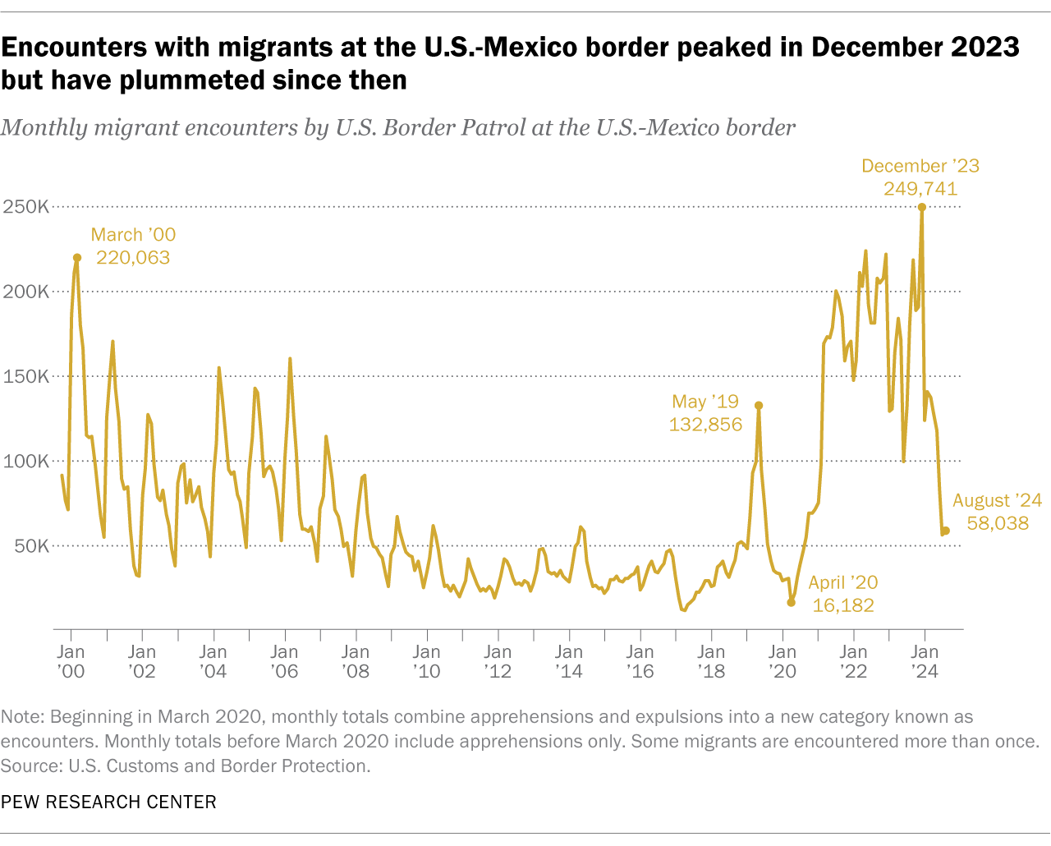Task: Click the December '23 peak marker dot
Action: point(922,207)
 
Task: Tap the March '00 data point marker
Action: point(77,258)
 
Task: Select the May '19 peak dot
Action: point(759,405)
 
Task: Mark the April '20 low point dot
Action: point(792,602)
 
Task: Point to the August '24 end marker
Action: point(946,531)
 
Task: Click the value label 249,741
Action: point(920,189)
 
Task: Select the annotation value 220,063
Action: point(133,258)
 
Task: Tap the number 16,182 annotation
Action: point(843,605)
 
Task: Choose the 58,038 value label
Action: point(998,523)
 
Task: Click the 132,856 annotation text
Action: point(705,425)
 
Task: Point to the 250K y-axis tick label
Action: point(25,207)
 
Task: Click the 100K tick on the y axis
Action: point(25,462)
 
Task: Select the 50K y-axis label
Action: point(30,546)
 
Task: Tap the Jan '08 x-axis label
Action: point(356,661)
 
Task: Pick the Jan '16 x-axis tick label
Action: point(640,661)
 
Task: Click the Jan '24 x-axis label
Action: point(925,661)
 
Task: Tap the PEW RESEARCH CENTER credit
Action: point(108,802)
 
